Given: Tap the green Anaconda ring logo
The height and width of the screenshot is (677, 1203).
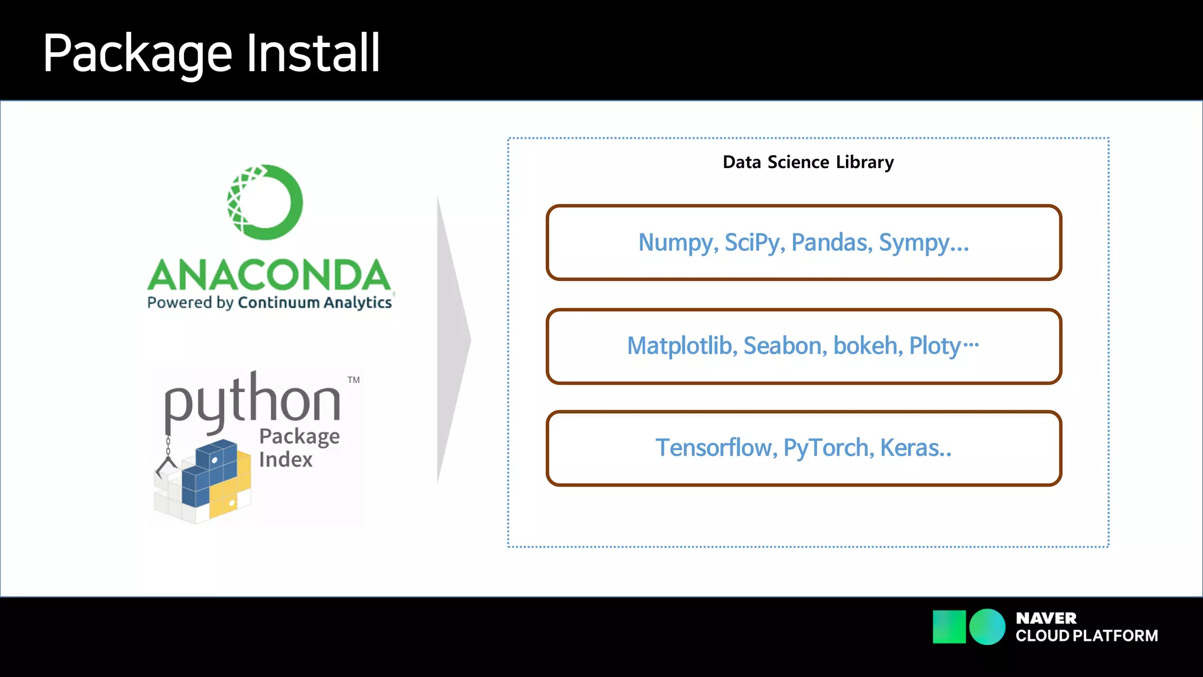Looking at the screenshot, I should pyautogui.click(x=266, y=202).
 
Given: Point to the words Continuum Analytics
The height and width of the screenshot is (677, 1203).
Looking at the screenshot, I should pyautogui.click(x=315, y=303).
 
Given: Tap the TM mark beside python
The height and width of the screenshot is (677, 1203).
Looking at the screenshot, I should pyautogui.click(x=354, y=380).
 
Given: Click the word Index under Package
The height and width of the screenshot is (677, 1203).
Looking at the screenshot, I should pyautogui.click(x=285, y=460).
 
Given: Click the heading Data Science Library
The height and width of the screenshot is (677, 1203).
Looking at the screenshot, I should pyautogui.click(x=808, y=162).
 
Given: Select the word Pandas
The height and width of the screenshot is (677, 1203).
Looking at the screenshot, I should pyautogui.click(x=831, y=243).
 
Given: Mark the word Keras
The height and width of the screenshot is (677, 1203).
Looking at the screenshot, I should pyautogui.click(x=915, y=448).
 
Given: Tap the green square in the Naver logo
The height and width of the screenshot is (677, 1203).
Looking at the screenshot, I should pyautogui.click(x=949, y=627).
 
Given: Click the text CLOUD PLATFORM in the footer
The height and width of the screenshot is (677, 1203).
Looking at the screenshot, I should pyautogui.click(x=1087, y=636).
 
